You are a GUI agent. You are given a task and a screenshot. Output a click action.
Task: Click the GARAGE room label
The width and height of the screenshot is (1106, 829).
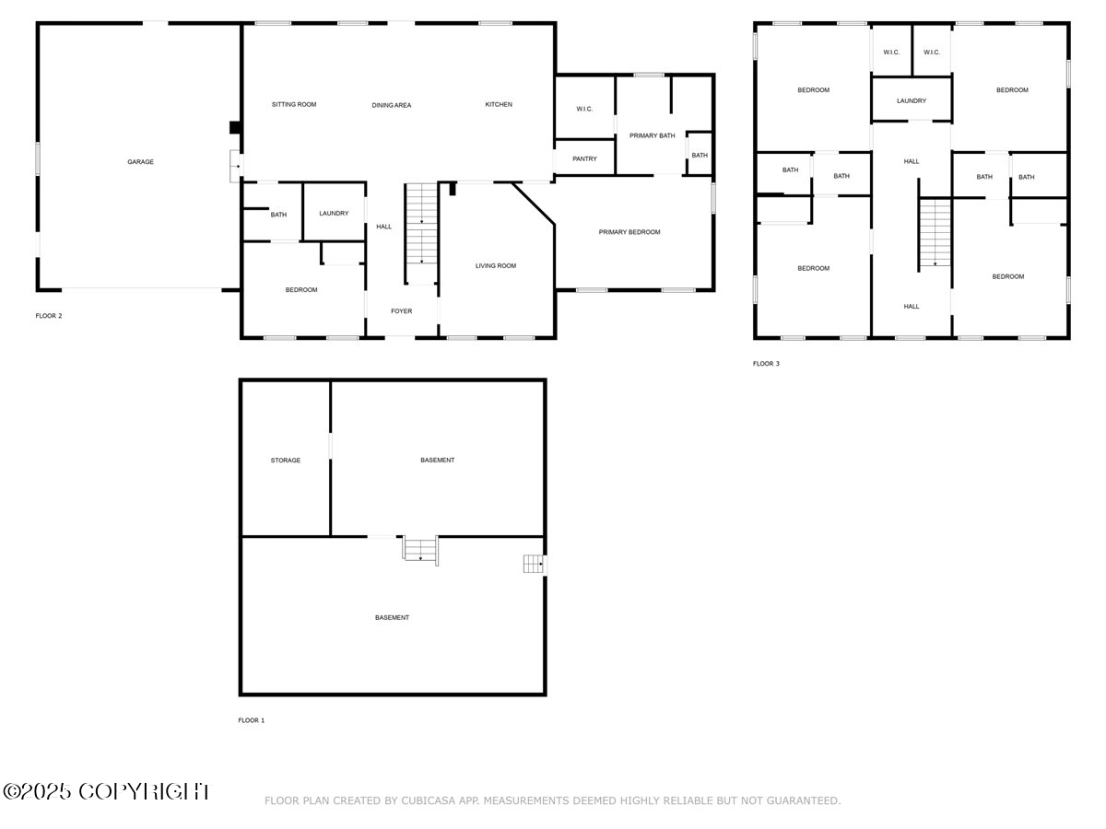[x=140, y=161]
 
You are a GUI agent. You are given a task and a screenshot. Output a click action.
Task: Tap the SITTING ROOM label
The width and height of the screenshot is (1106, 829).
[x=294, y=104]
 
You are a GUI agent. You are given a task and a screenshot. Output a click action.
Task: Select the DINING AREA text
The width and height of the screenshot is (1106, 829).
[x=391, y=105]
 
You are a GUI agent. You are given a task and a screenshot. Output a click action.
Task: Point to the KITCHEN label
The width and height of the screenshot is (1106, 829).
[x=499, y=104]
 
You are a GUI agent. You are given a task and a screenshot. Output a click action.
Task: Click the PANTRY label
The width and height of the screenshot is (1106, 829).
[x=584, y=158]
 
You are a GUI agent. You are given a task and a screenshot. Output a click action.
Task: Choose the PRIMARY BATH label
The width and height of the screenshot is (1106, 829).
[x=652, y=135]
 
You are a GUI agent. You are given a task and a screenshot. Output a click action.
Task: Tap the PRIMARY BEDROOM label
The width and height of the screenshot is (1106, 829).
[x=629, y=232]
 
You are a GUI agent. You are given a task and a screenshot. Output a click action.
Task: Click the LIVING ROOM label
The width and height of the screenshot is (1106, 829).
[x=495, y=266]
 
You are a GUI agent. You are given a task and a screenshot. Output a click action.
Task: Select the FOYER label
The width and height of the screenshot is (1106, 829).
[x=401, y=311]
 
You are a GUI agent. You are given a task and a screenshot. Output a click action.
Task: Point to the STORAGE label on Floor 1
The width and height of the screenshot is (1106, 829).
[x=285, y=460]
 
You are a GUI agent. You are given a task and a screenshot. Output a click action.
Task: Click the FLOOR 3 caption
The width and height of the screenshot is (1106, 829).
[x=766, y=364]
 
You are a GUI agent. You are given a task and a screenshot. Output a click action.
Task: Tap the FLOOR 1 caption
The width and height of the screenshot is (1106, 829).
[x=251, y=720]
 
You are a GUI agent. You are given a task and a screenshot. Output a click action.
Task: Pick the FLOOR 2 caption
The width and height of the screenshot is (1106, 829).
[x=48, y=316]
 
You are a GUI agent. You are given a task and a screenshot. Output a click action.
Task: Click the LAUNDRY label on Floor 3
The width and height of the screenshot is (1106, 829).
[x=911, y=100]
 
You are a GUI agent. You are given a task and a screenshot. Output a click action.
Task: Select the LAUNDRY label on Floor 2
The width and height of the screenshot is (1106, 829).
[x=334, y=214]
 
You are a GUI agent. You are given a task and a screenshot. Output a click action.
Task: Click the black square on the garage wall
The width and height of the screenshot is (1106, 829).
[x=235, y=127]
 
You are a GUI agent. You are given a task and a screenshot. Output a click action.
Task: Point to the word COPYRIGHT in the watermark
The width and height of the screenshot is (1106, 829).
[x=144, y=792]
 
